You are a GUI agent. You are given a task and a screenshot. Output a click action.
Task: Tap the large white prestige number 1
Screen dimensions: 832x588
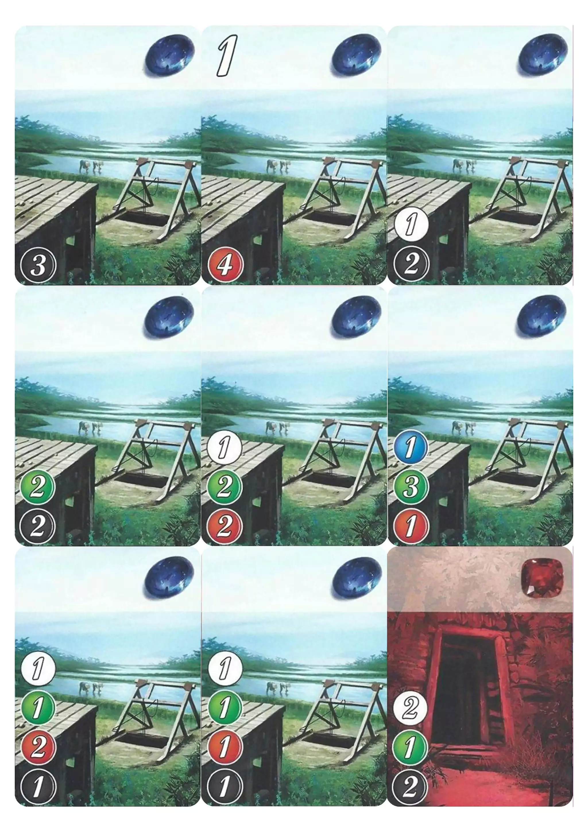point(227,55)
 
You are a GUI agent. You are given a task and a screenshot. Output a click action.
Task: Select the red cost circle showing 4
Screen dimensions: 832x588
point(224,265)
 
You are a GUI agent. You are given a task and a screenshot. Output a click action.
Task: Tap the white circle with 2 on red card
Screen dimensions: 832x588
point(411,697)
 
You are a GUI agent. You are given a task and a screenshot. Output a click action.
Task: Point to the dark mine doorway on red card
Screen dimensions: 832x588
point(467,688)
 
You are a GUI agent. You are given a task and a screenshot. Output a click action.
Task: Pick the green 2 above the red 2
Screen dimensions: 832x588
point(224,487)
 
